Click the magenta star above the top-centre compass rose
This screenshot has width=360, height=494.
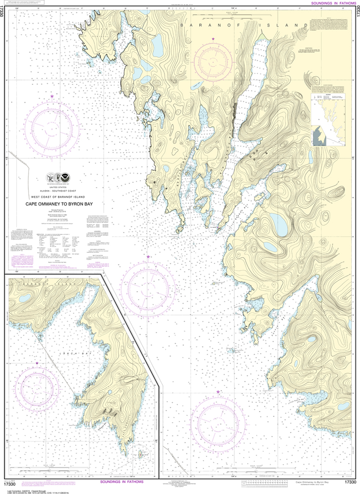click(x=213, y=39)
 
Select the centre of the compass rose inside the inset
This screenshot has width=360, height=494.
click(x=37, y=387)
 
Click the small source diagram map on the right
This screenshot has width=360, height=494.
click(x=329, y=121)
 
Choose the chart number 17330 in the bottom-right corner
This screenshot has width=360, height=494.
click(x=351, y=482)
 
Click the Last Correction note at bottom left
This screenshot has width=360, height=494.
click(x=22, y=488)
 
